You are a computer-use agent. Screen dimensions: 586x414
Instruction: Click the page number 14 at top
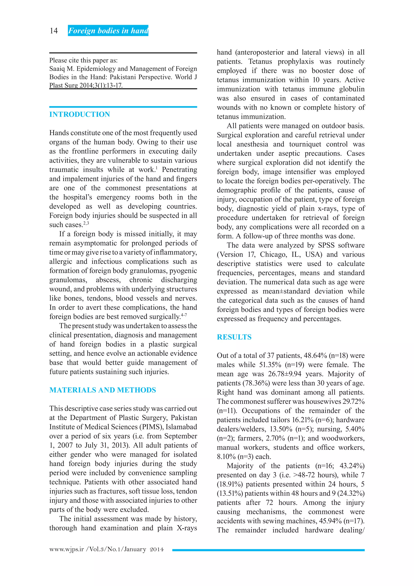point(54,31)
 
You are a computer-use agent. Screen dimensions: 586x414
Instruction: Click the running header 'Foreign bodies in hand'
point(108,31)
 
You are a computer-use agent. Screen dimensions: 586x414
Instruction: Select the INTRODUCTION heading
point(79,114)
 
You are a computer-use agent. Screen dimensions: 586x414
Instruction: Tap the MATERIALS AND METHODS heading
point(102,390)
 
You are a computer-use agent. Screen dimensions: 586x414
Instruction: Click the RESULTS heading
point(234,337)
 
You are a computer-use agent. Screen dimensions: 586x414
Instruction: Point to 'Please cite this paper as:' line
point(83,61)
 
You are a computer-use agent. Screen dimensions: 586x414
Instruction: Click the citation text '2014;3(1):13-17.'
point(101,86)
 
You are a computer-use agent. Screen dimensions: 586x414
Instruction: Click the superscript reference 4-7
point(184,315)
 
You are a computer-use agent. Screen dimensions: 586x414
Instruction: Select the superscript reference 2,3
point(86,223)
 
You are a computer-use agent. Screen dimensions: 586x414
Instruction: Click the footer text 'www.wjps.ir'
point(67,549)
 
